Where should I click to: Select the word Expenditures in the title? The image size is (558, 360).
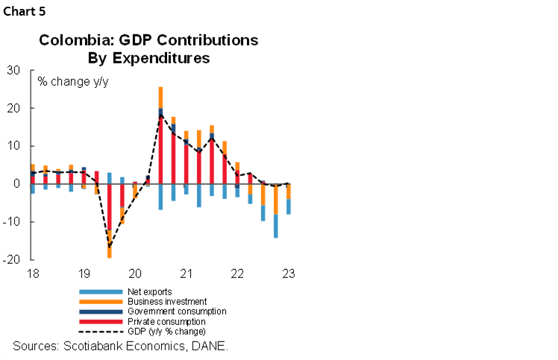coord(169,57)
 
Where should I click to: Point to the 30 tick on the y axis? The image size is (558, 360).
coord(13,71)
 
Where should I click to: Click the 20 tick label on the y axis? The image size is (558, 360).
coord(13,109)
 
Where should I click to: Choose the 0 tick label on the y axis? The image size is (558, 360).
coord(16,184)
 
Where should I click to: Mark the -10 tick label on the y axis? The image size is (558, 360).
coord(11,222)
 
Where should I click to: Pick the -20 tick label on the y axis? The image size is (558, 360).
coord(11,260)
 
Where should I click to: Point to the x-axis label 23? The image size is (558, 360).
coord(289,273)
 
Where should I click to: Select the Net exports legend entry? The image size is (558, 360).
coord(150,291)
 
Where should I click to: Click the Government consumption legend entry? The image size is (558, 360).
coord(175,311)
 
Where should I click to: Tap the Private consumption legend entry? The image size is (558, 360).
coord(166,320)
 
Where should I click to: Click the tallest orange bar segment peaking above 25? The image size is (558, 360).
coord(160,97)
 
